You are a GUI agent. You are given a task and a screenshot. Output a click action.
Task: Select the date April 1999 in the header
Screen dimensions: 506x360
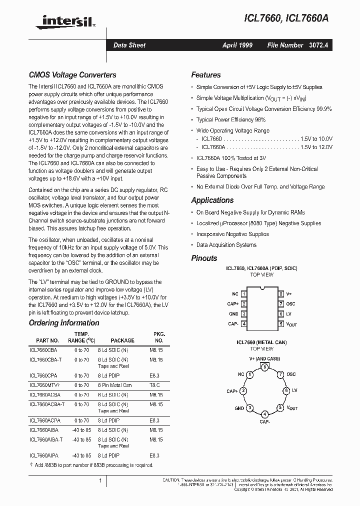click(x=237, y=45)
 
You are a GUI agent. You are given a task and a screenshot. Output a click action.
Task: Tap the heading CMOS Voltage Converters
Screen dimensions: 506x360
click(x=72, y=75)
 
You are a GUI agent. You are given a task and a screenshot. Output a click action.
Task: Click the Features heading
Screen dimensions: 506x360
click(x=206, y=75)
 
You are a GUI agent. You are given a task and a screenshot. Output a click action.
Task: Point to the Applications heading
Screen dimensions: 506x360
click(x=212, y=200)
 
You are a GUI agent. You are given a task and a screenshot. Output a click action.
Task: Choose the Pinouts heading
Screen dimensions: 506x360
click(x=204, y=258)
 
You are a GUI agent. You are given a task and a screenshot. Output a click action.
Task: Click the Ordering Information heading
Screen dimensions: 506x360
click(x=64, y=322)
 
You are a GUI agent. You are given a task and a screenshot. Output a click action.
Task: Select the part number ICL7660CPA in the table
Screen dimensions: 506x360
click(x=43, y=374)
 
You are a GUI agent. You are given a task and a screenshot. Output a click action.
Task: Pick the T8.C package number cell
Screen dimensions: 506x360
click(x=156, y=385)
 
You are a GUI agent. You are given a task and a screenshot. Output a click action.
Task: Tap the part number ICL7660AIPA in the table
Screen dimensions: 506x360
click(x=44, y=455)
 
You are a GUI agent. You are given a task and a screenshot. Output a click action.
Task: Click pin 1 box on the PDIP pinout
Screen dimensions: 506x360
click(x=243, y=294)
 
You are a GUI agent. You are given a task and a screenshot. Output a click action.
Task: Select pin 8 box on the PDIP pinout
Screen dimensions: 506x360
click(x=281, y=294)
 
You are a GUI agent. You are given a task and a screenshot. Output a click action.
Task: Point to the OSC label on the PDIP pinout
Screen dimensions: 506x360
click(x=291, y=304)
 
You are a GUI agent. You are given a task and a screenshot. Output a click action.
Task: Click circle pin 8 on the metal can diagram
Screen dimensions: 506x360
click(x=263, y=366)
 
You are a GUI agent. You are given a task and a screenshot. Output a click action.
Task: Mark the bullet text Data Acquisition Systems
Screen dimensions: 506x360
click(x=226, y=245)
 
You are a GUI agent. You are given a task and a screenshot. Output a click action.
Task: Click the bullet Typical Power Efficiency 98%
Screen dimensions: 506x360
click(x=231, y=120)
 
